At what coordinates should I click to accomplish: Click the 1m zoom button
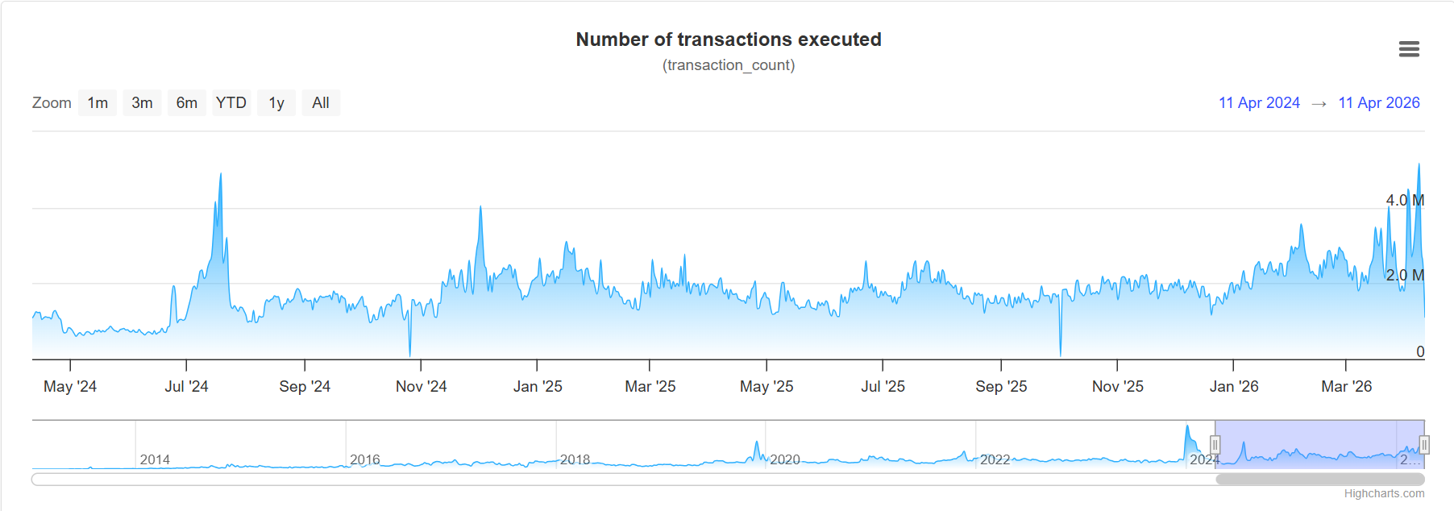[x=98, y=103]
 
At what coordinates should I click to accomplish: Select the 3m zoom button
[x=142, y=103]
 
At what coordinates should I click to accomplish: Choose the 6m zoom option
[x=186, y=103]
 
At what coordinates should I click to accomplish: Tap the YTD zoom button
[x=231, y=103]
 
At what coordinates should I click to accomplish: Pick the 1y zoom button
[x=276, y=103]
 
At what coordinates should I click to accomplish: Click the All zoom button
[x=321, y=103]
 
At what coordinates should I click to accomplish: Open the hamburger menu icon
[x=1409, y=49]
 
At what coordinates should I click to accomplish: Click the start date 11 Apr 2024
[x=1259, y=103]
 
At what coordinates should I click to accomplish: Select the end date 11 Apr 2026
[x=1379, y=103]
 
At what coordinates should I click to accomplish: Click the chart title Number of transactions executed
[x=729, y=39]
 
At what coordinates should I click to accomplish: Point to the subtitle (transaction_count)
[x=729, y=65]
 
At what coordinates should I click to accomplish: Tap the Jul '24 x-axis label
[x=186, y=387]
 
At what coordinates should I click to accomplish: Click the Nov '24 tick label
[x=421, y=387]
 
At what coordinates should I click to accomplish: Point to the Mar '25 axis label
[x=650, y=387]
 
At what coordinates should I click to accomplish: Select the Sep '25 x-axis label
[x=1001, y=387]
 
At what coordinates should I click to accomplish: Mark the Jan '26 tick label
[x=1234, y=387]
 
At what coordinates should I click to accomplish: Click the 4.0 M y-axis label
[x=1405, y=201]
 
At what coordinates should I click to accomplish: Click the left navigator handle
[x=1215, y=445]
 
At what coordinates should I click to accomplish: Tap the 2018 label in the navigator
[x=575, y=460]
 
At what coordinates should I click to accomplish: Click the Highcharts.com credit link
[x=1384, y=493]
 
